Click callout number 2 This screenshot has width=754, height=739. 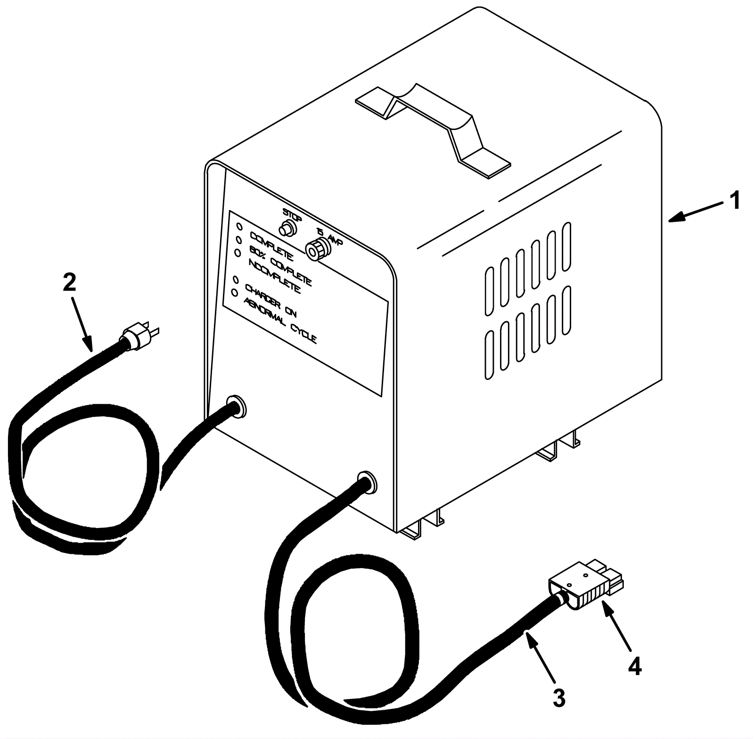tap(69, 283)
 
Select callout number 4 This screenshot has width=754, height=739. tap(634, 667)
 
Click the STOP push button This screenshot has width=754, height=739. tap(287, 229)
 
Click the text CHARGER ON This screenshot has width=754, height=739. tap(270, 301)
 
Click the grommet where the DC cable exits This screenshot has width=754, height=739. tap(367, 481)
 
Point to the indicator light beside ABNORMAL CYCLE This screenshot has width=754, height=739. tap(234, 293)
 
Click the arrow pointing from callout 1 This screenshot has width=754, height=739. tap(696, 211)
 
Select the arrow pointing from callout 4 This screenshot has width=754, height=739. tap(617, 633)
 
